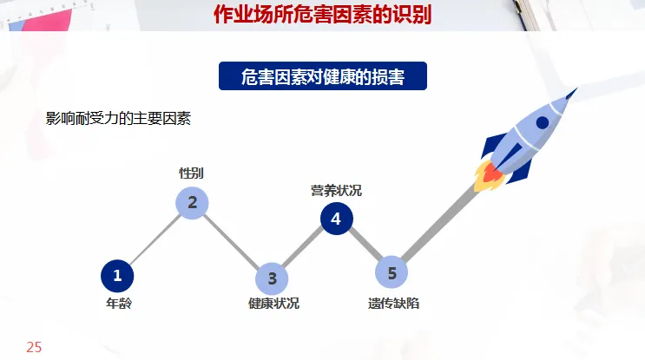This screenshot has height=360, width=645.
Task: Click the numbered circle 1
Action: coord(117,277)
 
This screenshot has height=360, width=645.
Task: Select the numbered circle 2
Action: coord(192,203)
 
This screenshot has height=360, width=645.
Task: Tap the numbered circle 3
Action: coord(271,278)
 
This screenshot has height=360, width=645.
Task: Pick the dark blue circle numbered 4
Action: coord(336,219)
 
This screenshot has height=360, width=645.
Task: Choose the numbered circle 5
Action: coord(392,272)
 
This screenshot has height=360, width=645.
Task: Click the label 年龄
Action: coord(118,304)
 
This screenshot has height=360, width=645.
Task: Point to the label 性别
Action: coord(191,173)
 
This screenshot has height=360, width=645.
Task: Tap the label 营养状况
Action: coord(336,190)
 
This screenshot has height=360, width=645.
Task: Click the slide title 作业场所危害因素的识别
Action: coord(322,15)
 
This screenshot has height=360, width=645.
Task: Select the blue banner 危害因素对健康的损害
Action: coord(323,76)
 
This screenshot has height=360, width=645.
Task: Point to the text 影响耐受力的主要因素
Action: coord(118,118)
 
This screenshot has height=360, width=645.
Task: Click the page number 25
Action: coord(34,347)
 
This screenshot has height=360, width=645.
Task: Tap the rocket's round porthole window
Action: coord(542,122)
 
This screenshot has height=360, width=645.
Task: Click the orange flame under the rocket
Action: coord(490,177)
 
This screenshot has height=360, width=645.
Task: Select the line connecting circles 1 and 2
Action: coord(155,240)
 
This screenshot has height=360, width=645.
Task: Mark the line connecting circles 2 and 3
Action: coord(232,241)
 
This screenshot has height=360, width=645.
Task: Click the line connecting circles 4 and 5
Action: coord(364,245)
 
